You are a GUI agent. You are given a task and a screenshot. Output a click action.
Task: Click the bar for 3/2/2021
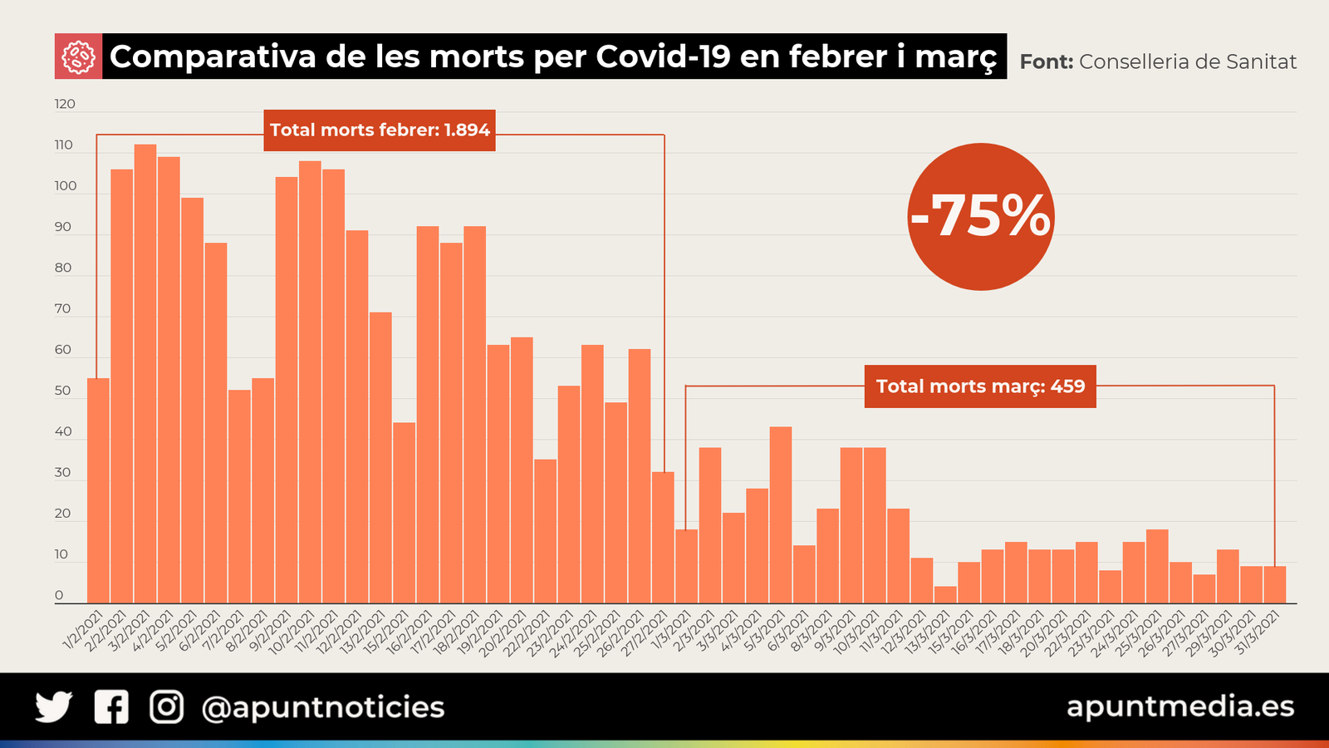point(145,374)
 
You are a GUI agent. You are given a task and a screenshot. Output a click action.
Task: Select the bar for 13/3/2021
point(945,594)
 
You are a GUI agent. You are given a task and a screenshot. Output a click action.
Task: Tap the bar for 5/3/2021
point(781,515)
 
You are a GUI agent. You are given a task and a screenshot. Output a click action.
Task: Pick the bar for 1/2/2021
point(98,490)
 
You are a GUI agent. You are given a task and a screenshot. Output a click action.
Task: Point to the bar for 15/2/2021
point(405,513)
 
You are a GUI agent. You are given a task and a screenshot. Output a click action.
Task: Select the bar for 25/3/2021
point(1157,566)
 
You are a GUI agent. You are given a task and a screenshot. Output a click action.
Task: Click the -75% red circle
point(981,217)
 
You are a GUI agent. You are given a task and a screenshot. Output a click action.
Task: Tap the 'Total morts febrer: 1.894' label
point(380,130)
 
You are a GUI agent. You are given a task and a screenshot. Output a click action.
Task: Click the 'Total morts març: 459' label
point(980,386)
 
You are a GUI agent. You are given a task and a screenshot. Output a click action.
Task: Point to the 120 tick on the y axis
point(65,105)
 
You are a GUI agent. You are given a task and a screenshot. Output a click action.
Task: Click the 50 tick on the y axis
point(63,391)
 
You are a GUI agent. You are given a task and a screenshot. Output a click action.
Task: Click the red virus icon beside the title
point(78,57)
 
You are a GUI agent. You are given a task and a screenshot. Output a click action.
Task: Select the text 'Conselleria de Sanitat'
point(1187,62)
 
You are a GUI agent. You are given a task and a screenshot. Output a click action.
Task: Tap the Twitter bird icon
point(54,707)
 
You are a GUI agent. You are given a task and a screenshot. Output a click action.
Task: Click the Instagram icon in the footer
point(166,707)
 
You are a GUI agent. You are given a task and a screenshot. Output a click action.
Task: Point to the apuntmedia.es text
point(1179,706)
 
